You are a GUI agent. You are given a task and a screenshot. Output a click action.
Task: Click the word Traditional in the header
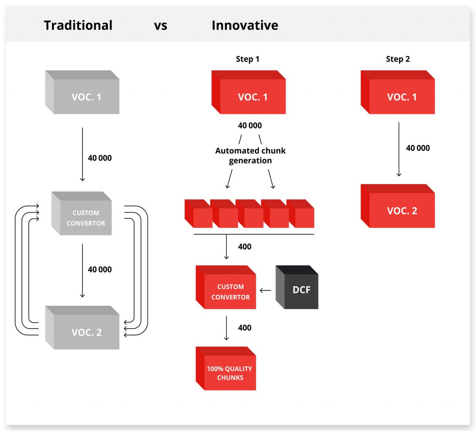tap(78, 25)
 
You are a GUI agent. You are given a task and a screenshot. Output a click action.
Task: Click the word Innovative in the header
tap(245, 25)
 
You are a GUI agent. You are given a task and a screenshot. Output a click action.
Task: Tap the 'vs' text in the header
tap(160, 25)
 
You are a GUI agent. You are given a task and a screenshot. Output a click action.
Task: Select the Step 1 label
tap(248, 59)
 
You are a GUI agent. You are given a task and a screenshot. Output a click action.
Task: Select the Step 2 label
tap(398, 59)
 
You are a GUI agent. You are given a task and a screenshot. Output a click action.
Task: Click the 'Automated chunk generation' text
tap(250, 155)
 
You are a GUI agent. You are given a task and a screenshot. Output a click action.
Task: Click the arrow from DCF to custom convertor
tap(265, 291)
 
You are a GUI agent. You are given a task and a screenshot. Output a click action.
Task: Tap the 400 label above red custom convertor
tap(245, 247)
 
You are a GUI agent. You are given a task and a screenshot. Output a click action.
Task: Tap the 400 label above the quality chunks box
tap(245, 328)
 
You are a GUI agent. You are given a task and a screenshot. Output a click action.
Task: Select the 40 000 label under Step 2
tap(418, 148)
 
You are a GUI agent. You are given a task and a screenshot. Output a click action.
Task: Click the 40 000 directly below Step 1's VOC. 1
tap(250, 126)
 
